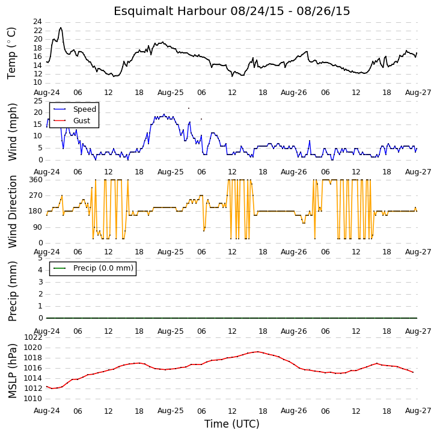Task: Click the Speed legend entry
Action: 75,109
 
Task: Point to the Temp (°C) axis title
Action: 11,53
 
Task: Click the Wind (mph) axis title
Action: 12,132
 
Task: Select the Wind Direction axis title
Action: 12,211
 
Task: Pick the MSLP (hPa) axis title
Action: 12,371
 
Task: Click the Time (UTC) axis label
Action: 232,424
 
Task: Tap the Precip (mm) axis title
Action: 12,291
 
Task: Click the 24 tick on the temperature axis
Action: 38,22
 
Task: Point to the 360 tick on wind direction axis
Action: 36,180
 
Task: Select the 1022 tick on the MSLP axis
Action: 34,337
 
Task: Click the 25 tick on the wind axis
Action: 38,101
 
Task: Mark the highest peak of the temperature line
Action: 61,28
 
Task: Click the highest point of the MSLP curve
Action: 258,352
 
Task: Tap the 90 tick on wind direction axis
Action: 38,227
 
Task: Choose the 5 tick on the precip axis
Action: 40,258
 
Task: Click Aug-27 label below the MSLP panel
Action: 418,411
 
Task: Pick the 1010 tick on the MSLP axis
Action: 34,399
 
